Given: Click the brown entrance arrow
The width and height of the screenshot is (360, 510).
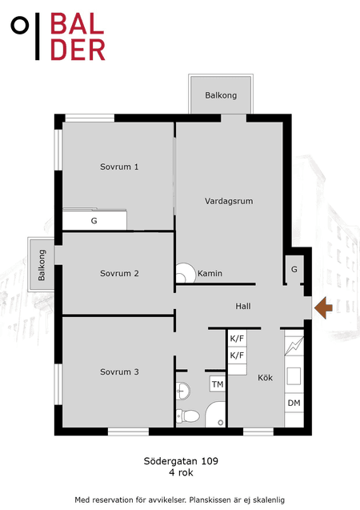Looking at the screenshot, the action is point(324,307).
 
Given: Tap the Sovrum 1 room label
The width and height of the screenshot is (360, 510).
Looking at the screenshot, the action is point(119,167).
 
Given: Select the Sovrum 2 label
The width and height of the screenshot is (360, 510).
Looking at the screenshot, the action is point(119,274).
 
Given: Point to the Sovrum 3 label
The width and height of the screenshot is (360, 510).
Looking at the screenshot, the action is point(119,371).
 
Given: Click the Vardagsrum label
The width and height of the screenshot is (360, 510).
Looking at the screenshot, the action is point(229,201).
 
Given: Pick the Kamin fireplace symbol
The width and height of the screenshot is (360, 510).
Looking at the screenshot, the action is point(184,273).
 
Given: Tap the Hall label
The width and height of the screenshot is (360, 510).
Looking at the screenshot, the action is point(243,306).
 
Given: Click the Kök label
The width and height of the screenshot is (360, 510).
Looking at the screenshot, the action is point(265,378).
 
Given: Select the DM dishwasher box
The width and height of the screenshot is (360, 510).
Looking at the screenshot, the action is point(294,403).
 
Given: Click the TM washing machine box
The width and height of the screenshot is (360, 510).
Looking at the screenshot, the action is point(218,384).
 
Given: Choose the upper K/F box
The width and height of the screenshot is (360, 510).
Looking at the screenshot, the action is point(237,339).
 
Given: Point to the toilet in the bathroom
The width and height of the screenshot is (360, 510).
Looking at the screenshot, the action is point(187,416).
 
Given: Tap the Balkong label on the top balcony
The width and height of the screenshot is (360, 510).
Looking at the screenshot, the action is point(221,95).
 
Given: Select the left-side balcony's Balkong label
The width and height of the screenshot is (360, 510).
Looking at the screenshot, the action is point(42,265).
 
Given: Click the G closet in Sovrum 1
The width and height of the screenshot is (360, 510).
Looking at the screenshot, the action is point(94,220).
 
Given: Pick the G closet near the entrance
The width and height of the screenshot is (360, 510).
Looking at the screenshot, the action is point(294,269).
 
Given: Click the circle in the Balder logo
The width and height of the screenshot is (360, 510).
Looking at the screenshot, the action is point(20,25).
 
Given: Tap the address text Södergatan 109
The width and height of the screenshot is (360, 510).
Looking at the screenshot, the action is point(181,461).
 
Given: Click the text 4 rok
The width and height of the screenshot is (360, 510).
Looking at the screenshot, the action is point(181,472).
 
